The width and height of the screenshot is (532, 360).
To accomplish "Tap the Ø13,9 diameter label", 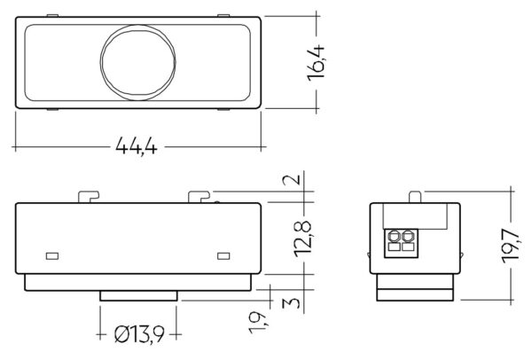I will [x=138, y=335].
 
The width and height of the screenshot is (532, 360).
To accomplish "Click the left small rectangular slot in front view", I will [x=51, y=256].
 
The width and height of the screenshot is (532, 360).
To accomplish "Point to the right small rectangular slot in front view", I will [x=223, y=256].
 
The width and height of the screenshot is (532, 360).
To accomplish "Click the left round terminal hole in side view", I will [x=395, y=237].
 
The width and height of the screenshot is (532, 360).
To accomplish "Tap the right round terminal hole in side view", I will [x=408, y=237].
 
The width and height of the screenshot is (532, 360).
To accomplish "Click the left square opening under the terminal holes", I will [x=395, y=249].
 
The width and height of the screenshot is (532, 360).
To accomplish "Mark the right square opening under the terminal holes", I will [x=408, y=249].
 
